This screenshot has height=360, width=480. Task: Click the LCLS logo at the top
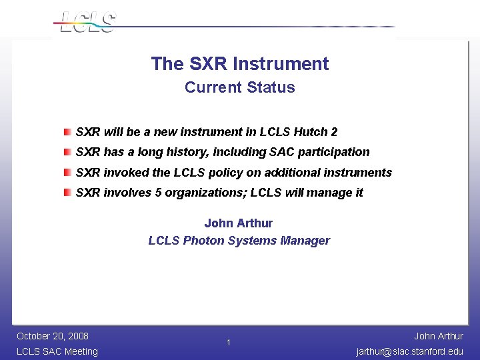coord(87,22)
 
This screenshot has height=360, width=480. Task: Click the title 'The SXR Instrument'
coord(239,64)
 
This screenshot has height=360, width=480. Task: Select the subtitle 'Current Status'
coord(239,87)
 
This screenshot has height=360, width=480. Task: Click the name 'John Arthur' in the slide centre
coord(238,223)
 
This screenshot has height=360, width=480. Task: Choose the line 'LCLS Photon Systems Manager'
coord(239,241)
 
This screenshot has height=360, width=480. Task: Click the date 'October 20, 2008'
coord(53,336)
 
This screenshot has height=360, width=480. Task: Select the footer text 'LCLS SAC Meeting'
coord(57,351)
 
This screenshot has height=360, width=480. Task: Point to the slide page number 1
coord(228,343)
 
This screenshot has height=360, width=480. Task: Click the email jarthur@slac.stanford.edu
coord(409,351)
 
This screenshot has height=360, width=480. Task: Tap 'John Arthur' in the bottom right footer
coord(438,336)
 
